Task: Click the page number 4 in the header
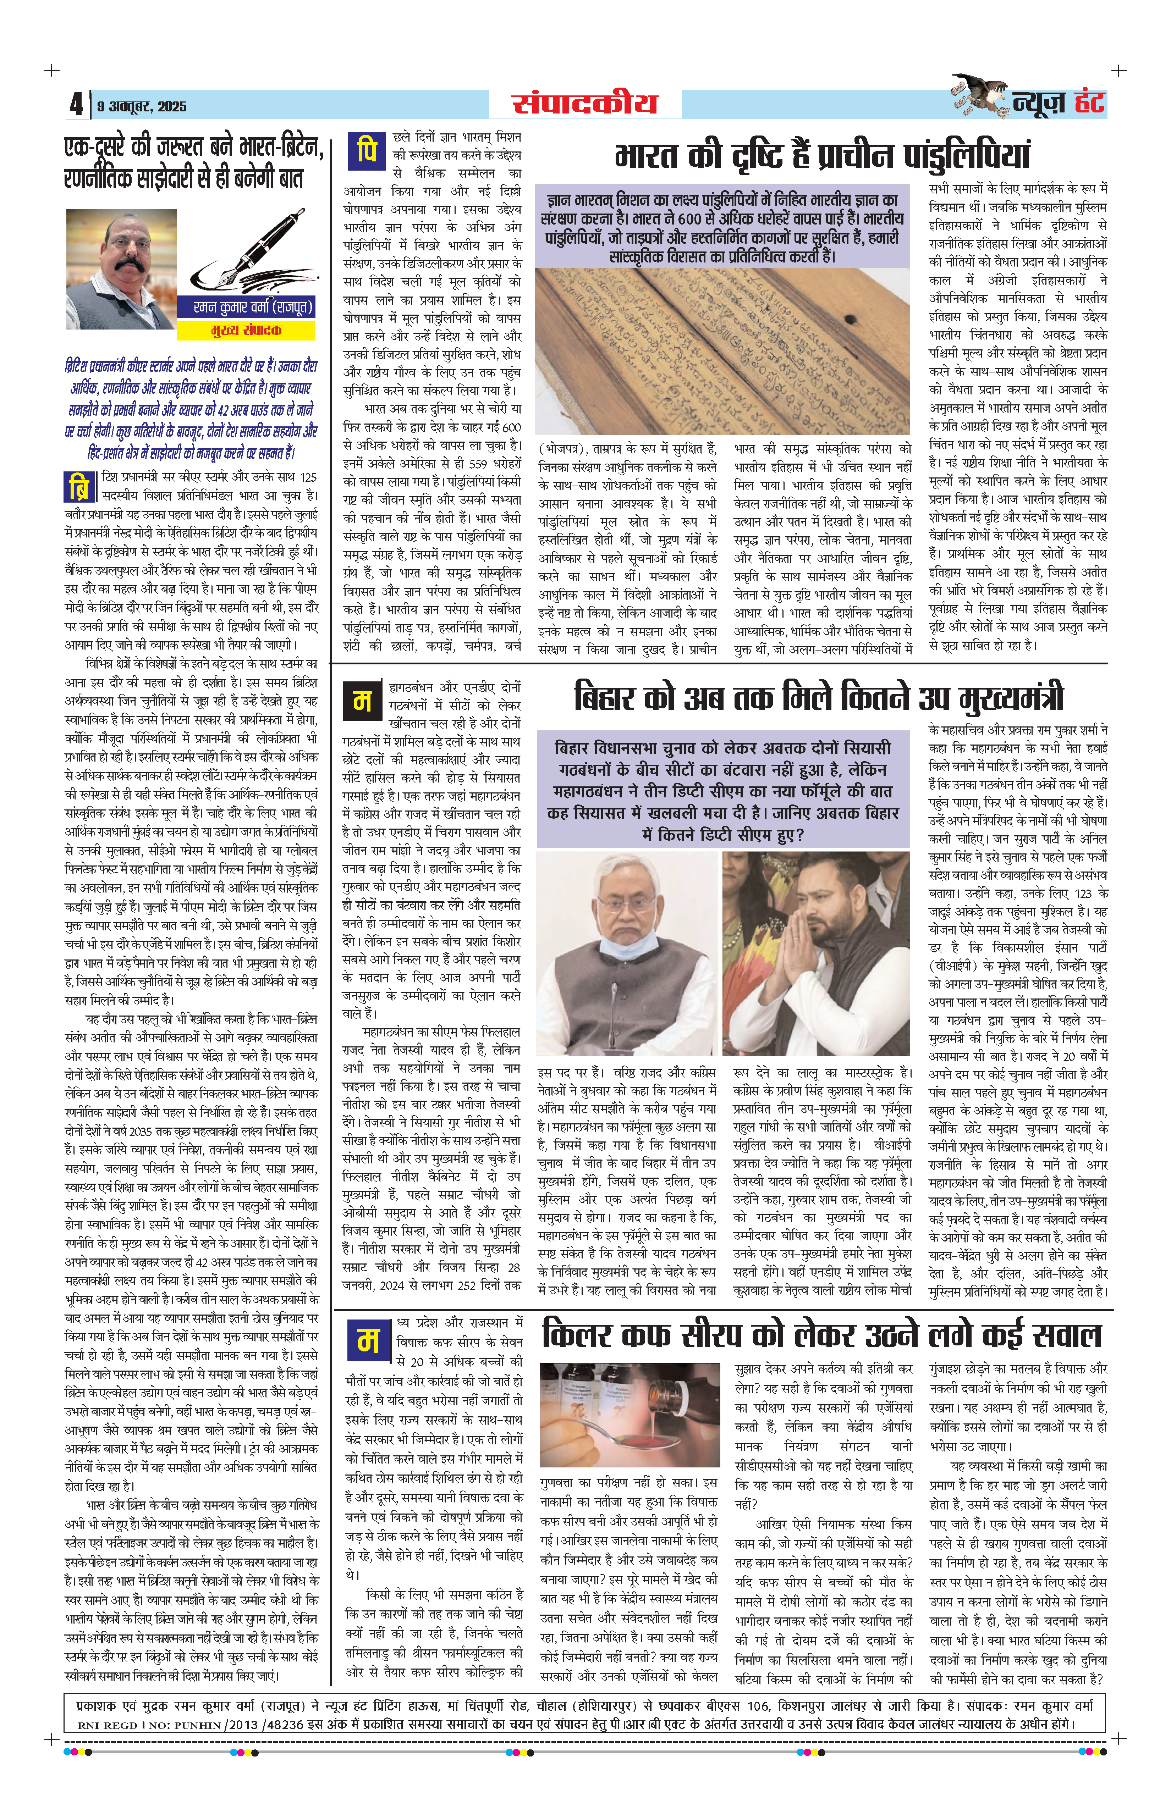point(76,103)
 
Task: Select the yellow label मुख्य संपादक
point(246,330)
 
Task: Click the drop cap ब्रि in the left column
point(79,487)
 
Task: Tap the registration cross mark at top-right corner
point(1118,71)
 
